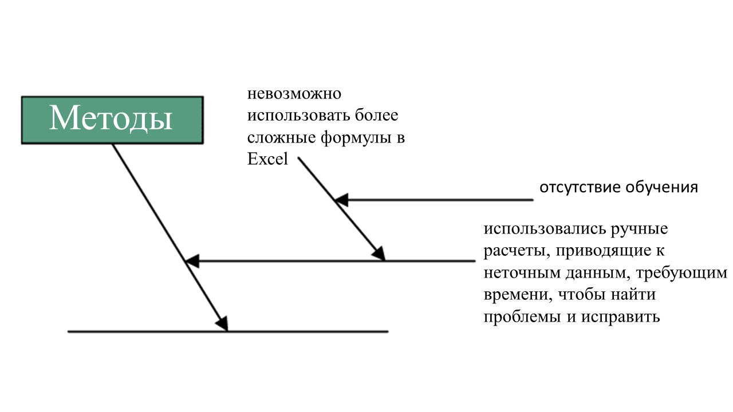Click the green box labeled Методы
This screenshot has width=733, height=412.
click(x=112, y=120)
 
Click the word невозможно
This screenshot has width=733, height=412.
click(x=294, y=94)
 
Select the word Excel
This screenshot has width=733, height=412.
click(x=267, y=159)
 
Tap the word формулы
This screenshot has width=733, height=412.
click(x=356, y=138)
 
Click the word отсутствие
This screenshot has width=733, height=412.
click(x=581, y=188)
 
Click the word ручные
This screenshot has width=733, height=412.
click(x=640, y=229)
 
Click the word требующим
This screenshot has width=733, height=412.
click(x=681, y=274)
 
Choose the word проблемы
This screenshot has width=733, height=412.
click(x=522, y=317)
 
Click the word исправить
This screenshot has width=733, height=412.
click(x=620, y=317)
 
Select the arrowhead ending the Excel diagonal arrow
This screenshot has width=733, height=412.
click(x=379, y=253)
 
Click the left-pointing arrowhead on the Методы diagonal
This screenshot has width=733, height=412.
click(x=192, y=261)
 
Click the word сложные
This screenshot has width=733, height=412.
click(x=281, y=138)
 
